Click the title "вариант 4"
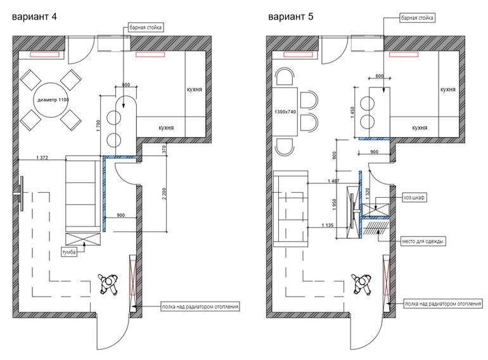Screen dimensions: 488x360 (34, 16)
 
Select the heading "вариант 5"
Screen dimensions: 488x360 (291, 16)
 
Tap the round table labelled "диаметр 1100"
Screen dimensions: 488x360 (52, 100)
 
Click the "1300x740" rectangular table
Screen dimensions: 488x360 (285, 112)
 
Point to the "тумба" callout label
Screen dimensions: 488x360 (69, 252)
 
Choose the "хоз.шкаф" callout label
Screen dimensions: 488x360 (414, 198)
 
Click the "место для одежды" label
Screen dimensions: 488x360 (422, 241)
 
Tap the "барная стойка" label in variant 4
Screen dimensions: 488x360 (145, 27)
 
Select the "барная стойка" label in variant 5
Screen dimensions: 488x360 (417, 18)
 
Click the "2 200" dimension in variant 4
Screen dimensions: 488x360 (164, 193)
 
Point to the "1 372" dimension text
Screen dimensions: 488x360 (42, 157)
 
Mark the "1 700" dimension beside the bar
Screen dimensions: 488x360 (98, 126)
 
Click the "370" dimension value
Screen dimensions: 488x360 (164, 150)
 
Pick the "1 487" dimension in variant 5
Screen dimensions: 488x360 (333, 181)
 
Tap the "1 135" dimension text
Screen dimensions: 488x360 (328, 225)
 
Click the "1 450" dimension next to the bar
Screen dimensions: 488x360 (352, 112)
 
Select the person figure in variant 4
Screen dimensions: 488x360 (108, 283)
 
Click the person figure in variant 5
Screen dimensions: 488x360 (362, 283)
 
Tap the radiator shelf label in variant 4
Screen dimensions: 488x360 (200, 307)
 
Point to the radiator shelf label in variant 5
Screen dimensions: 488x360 (443, 304)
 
